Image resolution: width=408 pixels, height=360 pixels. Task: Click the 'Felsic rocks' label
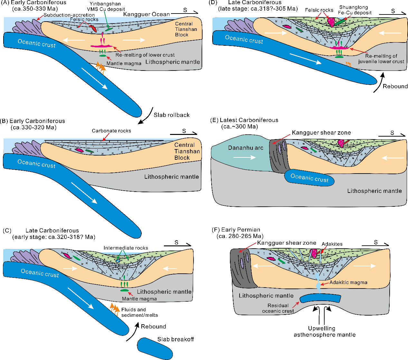[84, 19]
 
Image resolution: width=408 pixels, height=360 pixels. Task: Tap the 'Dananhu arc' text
[245, 148]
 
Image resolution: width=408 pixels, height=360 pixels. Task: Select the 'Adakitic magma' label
[348, 282]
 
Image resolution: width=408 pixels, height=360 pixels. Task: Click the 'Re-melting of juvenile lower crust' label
[381, 59]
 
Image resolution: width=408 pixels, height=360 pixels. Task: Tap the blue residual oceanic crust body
[320, 298]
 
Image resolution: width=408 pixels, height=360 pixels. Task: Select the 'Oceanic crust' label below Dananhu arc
[309, 178]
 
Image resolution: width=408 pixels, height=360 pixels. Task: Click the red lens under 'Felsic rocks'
[93, 28]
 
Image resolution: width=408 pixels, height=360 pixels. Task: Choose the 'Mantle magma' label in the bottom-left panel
[139, 299]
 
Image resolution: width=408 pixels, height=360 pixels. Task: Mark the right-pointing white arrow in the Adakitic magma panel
[365, 266]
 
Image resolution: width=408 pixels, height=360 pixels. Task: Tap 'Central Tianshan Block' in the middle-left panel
[187, 151]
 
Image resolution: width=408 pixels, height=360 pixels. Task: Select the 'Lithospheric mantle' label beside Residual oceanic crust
[266, 296]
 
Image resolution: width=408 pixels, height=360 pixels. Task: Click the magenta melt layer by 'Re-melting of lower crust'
[102, 46]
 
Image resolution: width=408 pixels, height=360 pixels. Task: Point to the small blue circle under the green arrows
[118, 261]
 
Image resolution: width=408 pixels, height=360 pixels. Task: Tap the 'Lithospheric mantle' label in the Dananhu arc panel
[374, 191]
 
